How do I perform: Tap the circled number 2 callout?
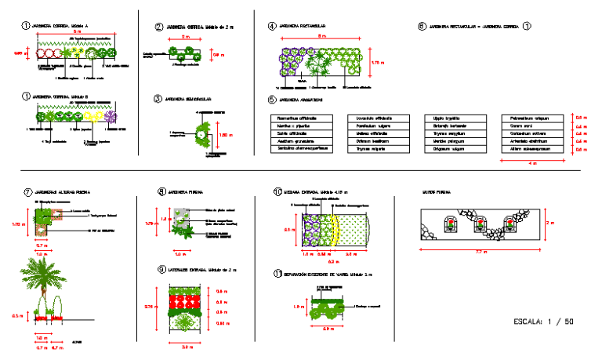pos(159,27)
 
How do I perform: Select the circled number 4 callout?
pos(272,27)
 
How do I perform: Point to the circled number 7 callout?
pos(27,191)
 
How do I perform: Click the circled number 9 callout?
pos(161,269)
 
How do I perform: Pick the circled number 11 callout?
pos(277,274)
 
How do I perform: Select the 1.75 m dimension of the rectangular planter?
pos(375,61)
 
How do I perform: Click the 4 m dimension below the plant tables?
pos(533,163)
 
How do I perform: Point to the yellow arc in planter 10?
pos(335,229)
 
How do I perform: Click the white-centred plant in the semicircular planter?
pos(201,135)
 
